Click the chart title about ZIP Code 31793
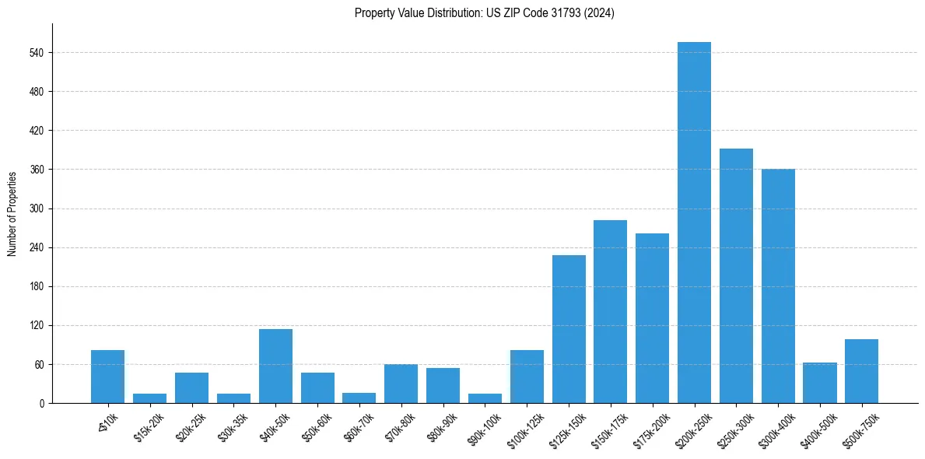coord(484,13)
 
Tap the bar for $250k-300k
coord(736,275)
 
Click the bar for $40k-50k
coord(275,366)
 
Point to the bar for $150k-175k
coord(610,311)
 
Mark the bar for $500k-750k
coord(861,371)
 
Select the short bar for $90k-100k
coord(485,398)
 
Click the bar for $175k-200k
coord(652,318)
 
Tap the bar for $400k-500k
coord(820,383)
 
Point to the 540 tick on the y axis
coord(40,53)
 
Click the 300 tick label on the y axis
coord(40,208)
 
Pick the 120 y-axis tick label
coord(40,326)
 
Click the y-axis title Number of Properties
coord(12,214)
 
